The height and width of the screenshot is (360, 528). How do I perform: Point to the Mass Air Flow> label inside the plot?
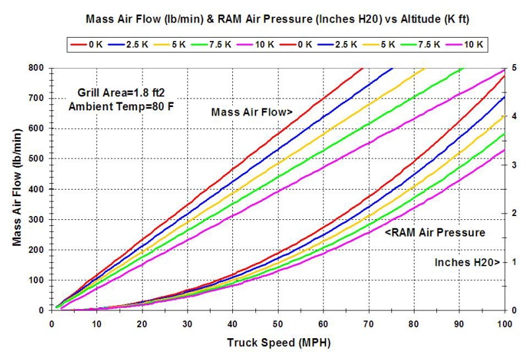point(251,113)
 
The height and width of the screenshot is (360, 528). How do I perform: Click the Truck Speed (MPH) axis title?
point(279,343)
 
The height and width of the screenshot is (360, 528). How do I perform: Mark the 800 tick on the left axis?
point(37,68)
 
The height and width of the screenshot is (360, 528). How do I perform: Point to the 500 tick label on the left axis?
point(37,159)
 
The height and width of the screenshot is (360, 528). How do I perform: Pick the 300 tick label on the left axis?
point(37,219)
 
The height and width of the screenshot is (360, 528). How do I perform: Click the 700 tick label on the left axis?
point(37,98)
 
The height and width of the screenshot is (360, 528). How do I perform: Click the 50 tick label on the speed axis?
point(278,324)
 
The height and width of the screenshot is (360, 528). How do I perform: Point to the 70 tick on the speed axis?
point(368,324)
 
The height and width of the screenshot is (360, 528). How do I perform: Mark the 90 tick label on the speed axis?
point(459,324)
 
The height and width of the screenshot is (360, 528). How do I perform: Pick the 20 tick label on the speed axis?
point(142,324)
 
